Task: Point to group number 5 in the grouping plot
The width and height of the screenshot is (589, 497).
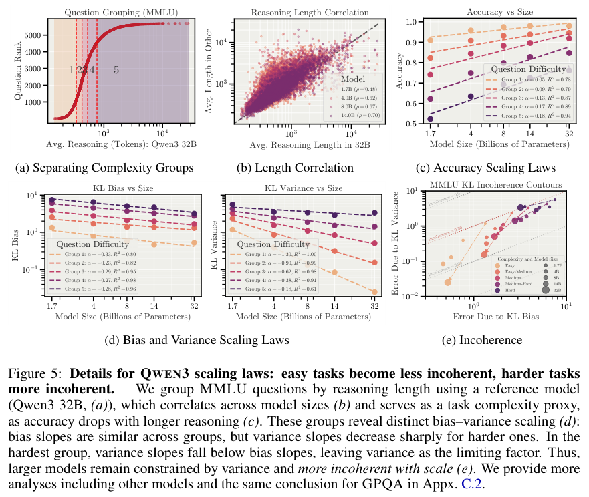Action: pos(116,70)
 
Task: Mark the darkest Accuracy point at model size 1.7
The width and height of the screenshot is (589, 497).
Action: pos(431,119)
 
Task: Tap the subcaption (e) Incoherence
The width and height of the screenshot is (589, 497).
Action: pos(483,340)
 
